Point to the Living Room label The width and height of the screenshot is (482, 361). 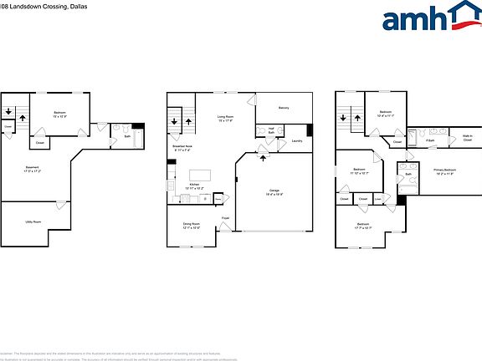point(225,118)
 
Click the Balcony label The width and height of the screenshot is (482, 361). point(284,108)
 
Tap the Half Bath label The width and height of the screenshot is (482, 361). point(271,130)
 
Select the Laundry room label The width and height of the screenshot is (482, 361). point(296,140)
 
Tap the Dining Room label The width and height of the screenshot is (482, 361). point(192,225)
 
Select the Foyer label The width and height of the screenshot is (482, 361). point(225,219)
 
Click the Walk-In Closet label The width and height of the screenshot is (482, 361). point(466,138)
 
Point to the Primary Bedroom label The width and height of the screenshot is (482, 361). point(444,171)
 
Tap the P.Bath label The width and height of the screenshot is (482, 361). point(429,140)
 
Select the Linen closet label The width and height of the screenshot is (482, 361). point(378,199)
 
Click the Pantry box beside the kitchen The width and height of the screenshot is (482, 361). point(218,198)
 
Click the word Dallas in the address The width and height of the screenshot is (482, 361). point(71,5)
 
